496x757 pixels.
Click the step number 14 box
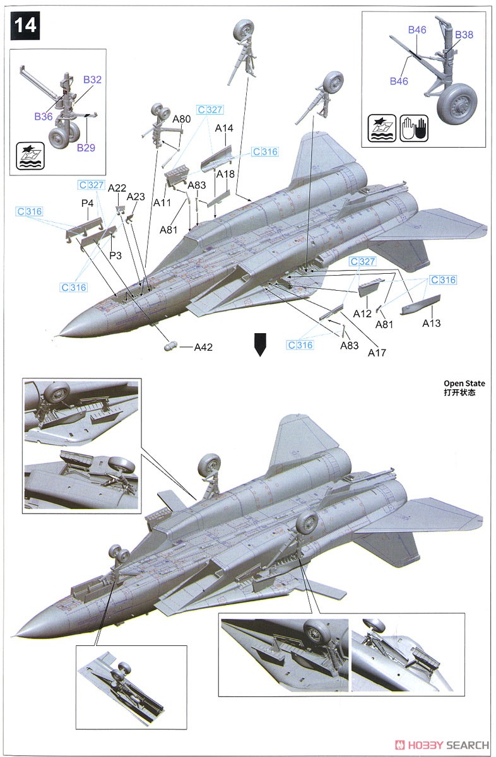[25, 26]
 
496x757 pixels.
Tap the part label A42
[203, 347]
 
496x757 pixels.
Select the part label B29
[86, 148]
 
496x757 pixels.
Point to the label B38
[464, 35]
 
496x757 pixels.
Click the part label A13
[432, 324]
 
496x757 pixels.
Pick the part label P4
[87, 203]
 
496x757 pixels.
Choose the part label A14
[224, 128]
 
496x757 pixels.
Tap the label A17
[377, 353]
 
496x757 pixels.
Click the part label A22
[117, 188]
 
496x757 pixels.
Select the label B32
[92, 79]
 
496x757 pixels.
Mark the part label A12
[362, 314]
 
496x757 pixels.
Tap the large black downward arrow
[260, 344]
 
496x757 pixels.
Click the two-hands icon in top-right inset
[414, 128]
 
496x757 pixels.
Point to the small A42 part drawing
[171, 346]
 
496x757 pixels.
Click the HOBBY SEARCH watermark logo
[442, 745]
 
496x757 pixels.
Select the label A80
[182, 119]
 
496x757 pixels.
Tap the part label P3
[115, 255]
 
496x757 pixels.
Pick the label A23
[136, 197]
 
